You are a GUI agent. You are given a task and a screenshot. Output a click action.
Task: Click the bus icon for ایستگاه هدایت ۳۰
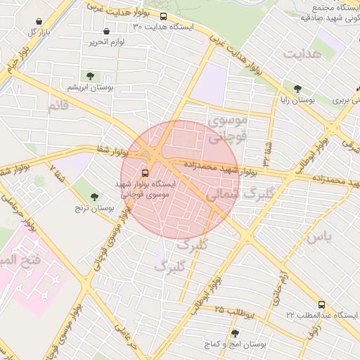pos(164,16)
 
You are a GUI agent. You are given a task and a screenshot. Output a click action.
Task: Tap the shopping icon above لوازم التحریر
pos(106,32)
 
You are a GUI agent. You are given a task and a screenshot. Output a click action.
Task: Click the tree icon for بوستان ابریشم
pos(89,76)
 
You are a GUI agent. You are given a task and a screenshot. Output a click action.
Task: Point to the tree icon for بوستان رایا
pos(298,89)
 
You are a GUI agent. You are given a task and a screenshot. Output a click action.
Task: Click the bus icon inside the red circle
pos(146,172)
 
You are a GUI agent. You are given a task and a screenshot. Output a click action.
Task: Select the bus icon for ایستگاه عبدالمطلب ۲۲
pos(321,304)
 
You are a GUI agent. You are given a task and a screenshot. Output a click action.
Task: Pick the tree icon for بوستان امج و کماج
pos(234,333)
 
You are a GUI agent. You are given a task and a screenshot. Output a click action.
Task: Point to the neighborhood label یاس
pos(318,237)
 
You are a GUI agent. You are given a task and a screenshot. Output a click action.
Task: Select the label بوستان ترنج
pos(94,209)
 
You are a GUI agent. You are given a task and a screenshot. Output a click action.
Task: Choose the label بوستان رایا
pos(297,101)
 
